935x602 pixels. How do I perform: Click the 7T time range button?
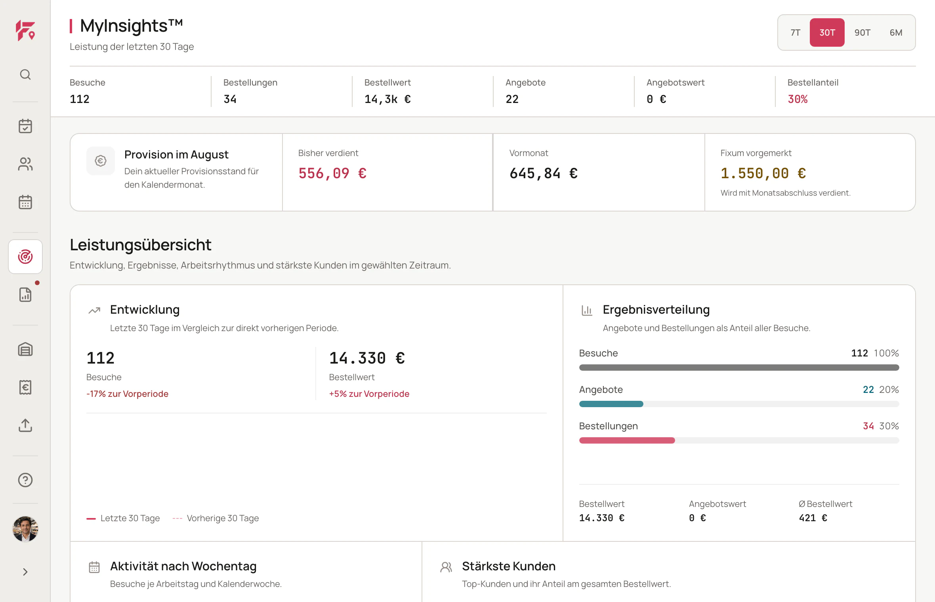click(x=795, y=32)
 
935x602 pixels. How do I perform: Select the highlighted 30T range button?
click(x=827, y=32)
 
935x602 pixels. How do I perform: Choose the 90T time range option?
click(x=862, y=32)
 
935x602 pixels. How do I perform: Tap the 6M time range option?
click(x=896, y=32)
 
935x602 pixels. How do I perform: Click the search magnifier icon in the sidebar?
click(x=25, y=74)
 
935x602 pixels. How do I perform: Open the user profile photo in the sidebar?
click(x=25, y=529)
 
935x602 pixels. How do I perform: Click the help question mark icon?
click(x=25, y=480)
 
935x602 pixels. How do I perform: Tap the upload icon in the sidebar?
click(x=25, y=425)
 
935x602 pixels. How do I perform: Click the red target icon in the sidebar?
click(x=25, y=257)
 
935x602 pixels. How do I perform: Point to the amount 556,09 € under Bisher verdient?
click(x=332, y=173)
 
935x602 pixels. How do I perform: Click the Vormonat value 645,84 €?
click(x=544, y=173)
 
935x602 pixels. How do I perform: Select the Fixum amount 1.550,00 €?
click(x=763, y=173)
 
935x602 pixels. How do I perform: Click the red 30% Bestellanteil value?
click(x=798, y=99)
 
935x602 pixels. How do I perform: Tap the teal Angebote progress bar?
click(x=611, y=404)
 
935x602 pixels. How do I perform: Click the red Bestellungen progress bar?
click(x=627, y=440)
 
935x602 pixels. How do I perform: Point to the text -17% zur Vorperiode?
click(x=127, y=394)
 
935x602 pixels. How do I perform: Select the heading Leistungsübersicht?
click(x=141, y=245)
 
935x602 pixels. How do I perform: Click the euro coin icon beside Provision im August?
click(x=101, y=161)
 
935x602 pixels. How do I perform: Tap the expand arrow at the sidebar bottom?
click(x=25, y=572)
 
